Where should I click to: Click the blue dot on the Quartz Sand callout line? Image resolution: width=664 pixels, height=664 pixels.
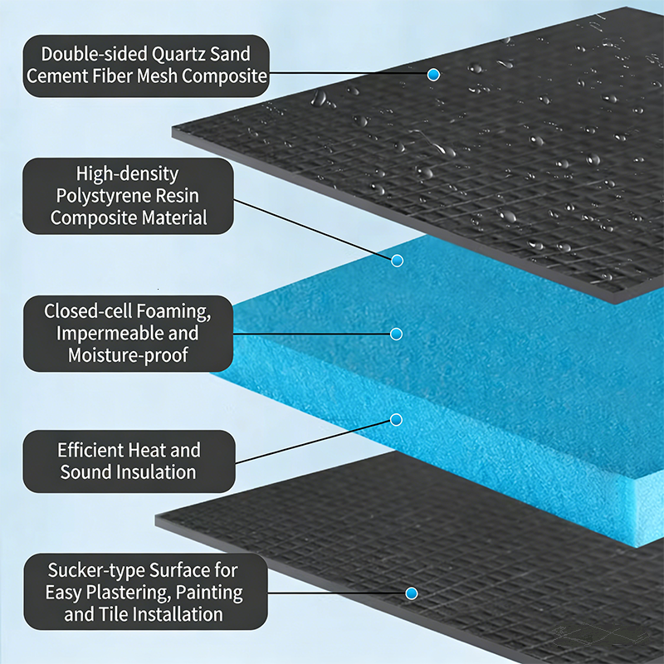[433, 75]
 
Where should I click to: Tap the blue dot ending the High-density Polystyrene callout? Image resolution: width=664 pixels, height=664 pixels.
[398, 261]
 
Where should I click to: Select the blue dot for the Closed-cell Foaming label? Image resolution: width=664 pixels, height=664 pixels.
[397, 334]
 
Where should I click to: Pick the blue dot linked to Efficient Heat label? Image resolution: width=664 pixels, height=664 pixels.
[397, 420]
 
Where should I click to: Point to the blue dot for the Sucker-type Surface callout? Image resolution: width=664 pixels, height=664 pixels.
[411, 593]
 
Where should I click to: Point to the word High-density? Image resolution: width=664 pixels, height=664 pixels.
[128, 174]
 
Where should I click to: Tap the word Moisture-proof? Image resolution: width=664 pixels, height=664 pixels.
[128, 355]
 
